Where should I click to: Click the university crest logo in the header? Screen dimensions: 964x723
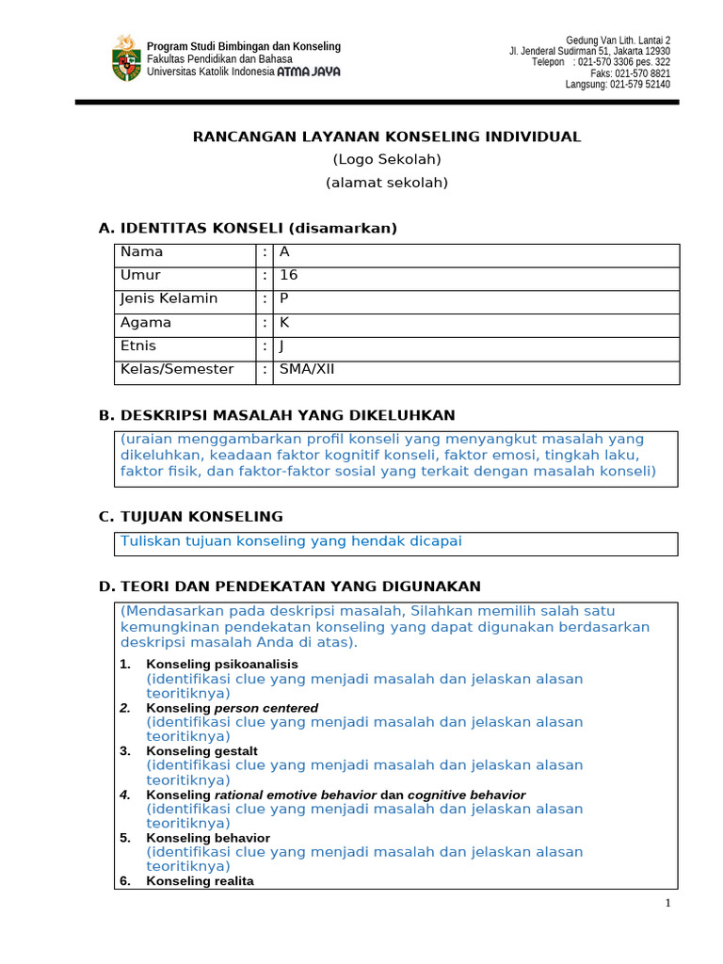tap(126, 58)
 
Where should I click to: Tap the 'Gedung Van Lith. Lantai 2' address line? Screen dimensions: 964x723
tap(618, 40)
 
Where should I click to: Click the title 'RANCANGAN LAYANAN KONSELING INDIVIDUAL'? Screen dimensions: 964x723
tap(387, 137)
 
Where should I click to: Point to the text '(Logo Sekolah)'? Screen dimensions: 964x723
tap(387, 159)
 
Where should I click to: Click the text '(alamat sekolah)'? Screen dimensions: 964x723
tap(387, 183)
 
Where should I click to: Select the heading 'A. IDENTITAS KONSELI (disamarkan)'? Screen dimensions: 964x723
tap(248, 228)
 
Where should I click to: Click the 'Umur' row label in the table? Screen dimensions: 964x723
tap(140, 275)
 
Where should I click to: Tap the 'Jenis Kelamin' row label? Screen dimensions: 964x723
tap(169, 298)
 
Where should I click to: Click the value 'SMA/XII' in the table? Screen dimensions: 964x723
tap(307, 369)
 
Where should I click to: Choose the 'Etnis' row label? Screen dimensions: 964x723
tap(138, 345)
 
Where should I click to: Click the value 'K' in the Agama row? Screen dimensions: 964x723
tap(284, 322)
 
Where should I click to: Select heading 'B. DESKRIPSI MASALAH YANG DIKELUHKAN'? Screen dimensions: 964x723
tap(277, 415)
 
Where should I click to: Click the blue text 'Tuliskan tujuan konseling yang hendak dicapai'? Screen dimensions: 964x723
tap(291, 541)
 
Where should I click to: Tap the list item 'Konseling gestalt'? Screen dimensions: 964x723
tap(201, 751)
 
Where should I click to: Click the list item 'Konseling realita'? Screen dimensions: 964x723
tap(200, 881)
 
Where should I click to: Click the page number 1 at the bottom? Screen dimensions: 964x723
tap(667, 904)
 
